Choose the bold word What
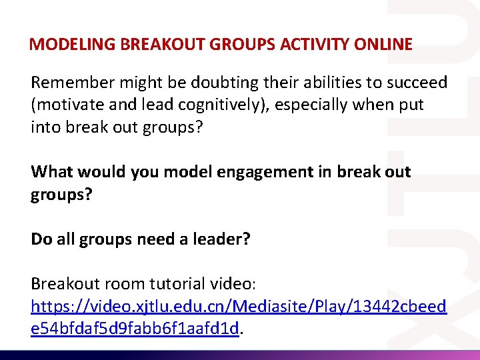click(51, 172)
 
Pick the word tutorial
click(171, 283)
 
